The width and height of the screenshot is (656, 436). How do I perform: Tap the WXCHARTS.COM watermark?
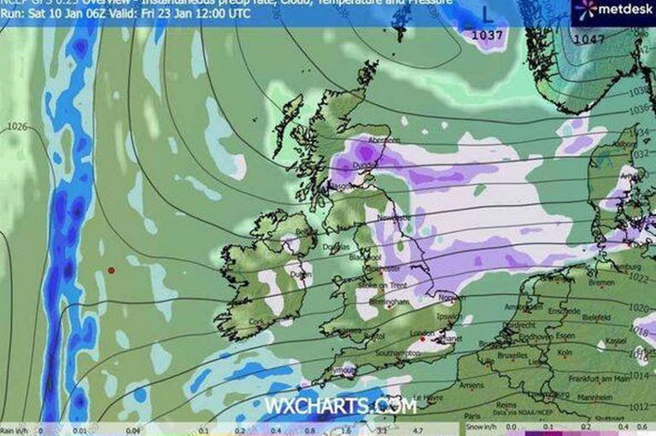tap(340, 406)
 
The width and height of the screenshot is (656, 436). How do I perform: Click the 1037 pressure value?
tap(489, 36)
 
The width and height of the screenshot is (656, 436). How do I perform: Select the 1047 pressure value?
tap(589, 39)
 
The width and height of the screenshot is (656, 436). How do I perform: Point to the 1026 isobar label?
tap(18, 127)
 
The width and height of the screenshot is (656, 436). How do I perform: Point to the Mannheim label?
tap(600, 397)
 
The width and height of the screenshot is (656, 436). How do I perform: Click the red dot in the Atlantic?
tap(110, 270)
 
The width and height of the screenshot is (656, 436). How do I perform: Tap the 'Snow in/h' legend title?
tap(483, 423)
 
